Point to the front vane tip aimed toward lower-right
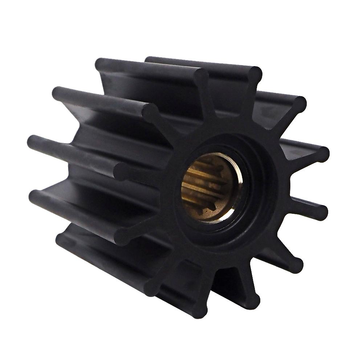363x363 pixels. pos(295,265)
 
